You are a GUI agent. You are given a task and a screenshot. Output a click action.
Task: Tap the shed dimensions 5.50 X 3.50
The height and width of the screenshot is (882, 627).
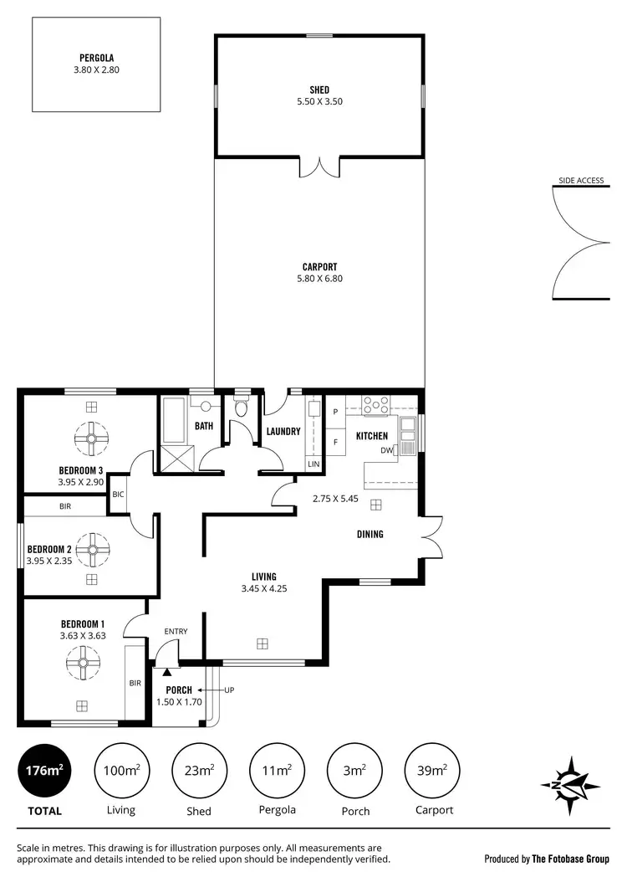(x=319, y=101)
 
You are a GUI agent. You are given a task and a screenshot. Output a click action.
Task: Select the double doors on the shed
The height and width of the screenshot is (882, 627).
(x=319, y=166)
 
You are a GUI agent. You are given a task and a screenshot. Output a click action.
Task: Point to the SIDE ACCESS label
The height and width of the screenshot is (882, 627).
(x=581, y=180)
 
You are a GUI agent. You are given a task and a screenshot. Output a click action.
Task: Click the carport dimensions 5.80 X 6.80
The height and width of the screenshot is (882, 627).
(x=319, y=278)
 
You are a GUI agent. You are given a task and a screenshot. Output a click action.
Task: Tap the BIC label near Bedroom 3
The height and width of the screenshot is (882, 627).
(x=119, y=495)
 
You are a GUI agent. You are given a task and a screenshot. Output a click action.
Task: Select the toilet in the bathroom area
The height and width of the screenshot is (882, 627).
(x=242, y=408)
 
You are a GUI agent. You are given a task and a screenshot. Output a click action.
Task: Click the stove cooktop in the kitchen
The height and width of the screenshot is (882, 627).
(x=376, y=404)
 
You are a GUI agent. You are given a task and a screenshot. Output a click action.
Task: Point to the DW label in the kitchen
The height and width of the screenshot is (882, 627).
(x=386, y=450)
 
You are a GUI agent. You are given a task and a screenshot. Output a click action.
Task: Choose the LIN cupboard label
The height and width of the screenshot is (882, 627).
(x=313, y=464)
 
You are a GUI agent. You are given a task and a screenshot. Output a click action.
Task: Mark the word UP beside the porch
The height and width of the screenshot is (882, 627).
(x=228, y=690)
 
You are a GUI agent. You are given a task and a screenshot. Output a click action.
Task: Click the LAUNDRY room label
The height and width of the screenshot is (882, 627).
(x=283, y=432)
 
